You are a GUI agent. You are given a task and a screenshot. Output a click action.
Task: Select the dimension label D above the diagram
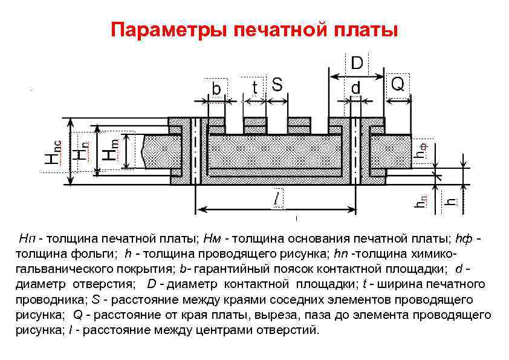point(357,63)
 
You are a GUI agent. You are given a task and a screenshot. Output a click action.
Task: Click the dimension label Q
point(397,84)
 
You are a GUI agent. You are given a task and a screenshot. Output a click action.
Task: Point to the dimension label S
point(276,85)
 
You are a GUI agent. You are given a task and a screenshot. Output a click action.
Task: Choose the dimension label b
point(216,88)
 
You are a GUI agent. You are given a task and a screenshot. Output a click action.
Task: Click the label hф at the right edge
point(421,149)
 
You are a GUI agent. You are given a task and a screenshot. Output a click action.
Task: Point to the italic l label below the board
point(276,198)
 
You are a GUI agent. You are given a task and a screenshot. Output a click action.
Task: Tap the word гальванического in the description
point(54,268)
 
